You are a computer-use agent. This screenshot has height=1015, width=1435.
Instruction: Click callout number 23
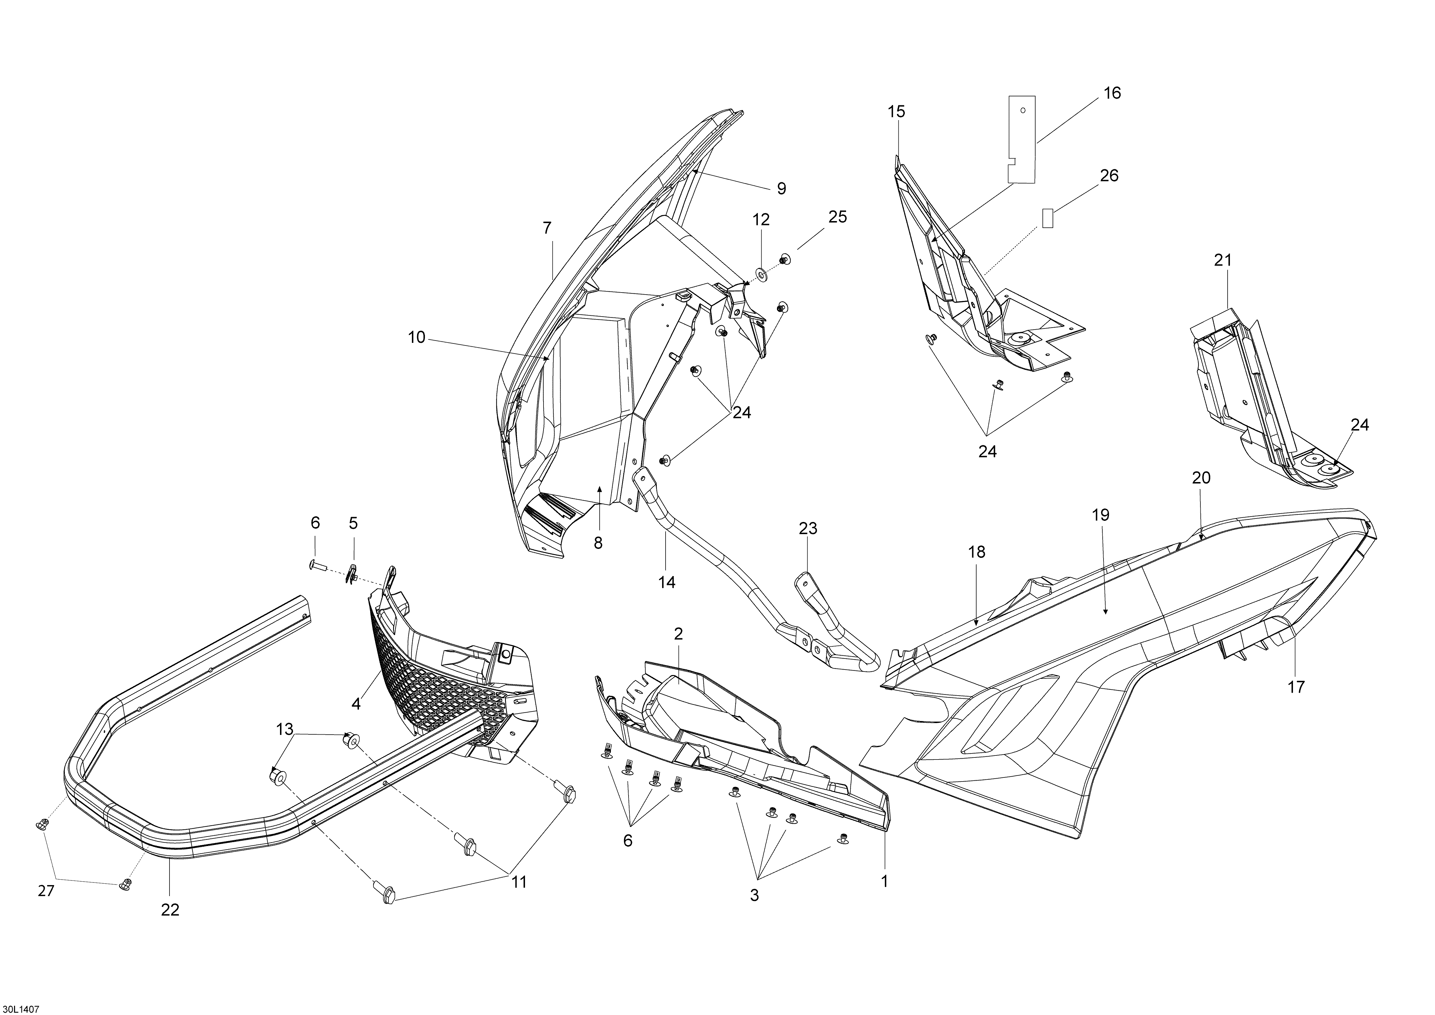pos(808,529)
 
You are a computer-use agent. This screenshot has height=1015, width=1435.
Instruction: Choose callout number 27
pos(46,891)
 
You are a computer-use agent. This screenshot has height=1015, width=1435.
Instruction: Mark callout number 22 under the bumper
pos(170,910)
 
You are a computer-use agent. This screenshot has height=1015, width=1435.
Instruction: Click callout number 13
pos(284,729)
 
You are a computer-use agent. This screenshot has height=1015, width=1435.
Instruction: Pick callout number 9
pos(781,188)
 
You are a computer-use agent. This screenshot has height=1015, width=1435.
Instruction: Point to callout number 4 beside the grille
pos(356,704)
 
